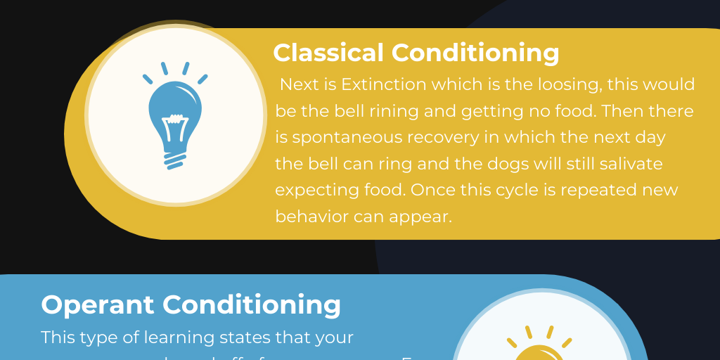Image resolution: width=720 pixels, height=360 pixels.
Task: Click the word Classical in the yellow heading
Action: (328, 53)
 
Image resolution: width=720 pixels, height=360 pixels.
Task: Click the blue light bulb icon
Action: (175, 117)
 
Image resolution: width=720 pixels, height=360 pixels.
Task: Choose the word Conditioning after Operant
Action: (252, 304)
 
